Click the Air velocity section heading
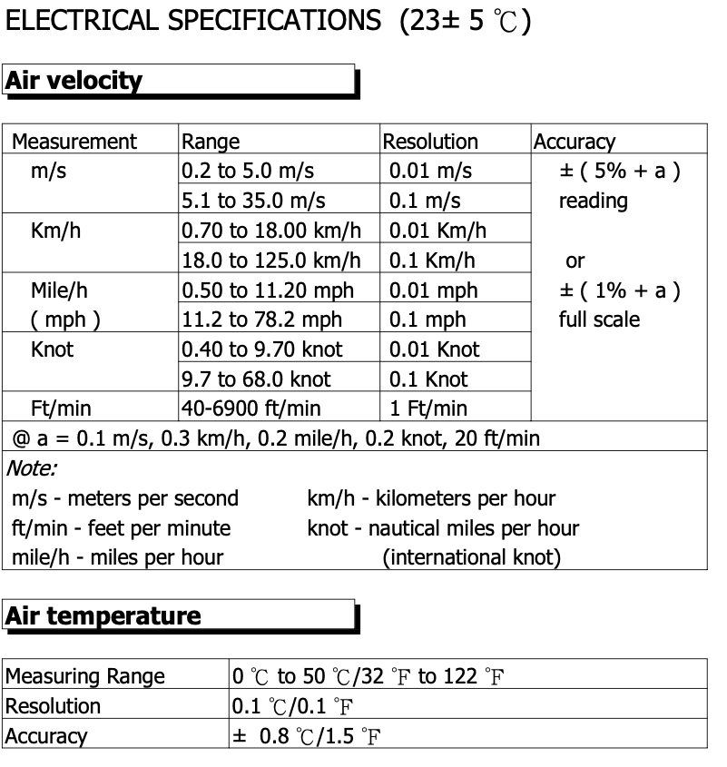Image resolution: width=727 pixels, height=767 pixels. coord(74,81)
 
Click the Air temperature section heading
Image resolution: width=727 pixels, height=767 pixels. coord(103,615)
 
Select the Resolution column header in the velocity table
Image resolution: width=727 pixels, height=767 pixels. coord(430,142)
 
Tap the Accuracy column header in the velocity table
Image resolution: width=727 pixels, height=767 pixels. coord(574,142)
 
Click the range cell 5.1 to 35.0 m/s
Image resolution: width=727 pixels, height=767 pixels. coord(253,201)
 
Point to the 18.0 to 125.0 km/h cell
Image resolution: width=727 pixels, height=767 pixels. coord(270,261)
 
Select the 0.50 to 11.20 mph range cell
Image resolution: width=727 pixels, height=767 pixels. coord(268,290)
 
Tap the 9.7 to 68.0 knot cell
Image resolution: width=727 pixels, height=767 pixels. coord(256,379)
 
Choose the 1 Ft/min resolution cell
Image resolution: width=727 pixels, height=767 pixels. coord(428,409)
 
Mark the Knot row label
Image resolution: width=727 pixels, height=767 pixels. coord(52,349)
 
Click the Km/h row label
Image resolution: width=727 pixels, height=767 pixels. coord(55,231)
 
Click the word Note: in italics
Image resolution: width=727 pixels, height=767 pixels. coord(31,468)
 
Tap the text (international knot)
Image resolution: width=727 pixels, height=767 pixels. coord(471,557)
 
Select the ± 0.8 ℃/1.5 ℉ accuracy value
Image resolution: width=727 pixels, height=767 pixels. coord(307,736)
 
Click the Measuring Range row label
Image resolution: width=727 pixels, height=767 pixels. coord(85,676)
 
